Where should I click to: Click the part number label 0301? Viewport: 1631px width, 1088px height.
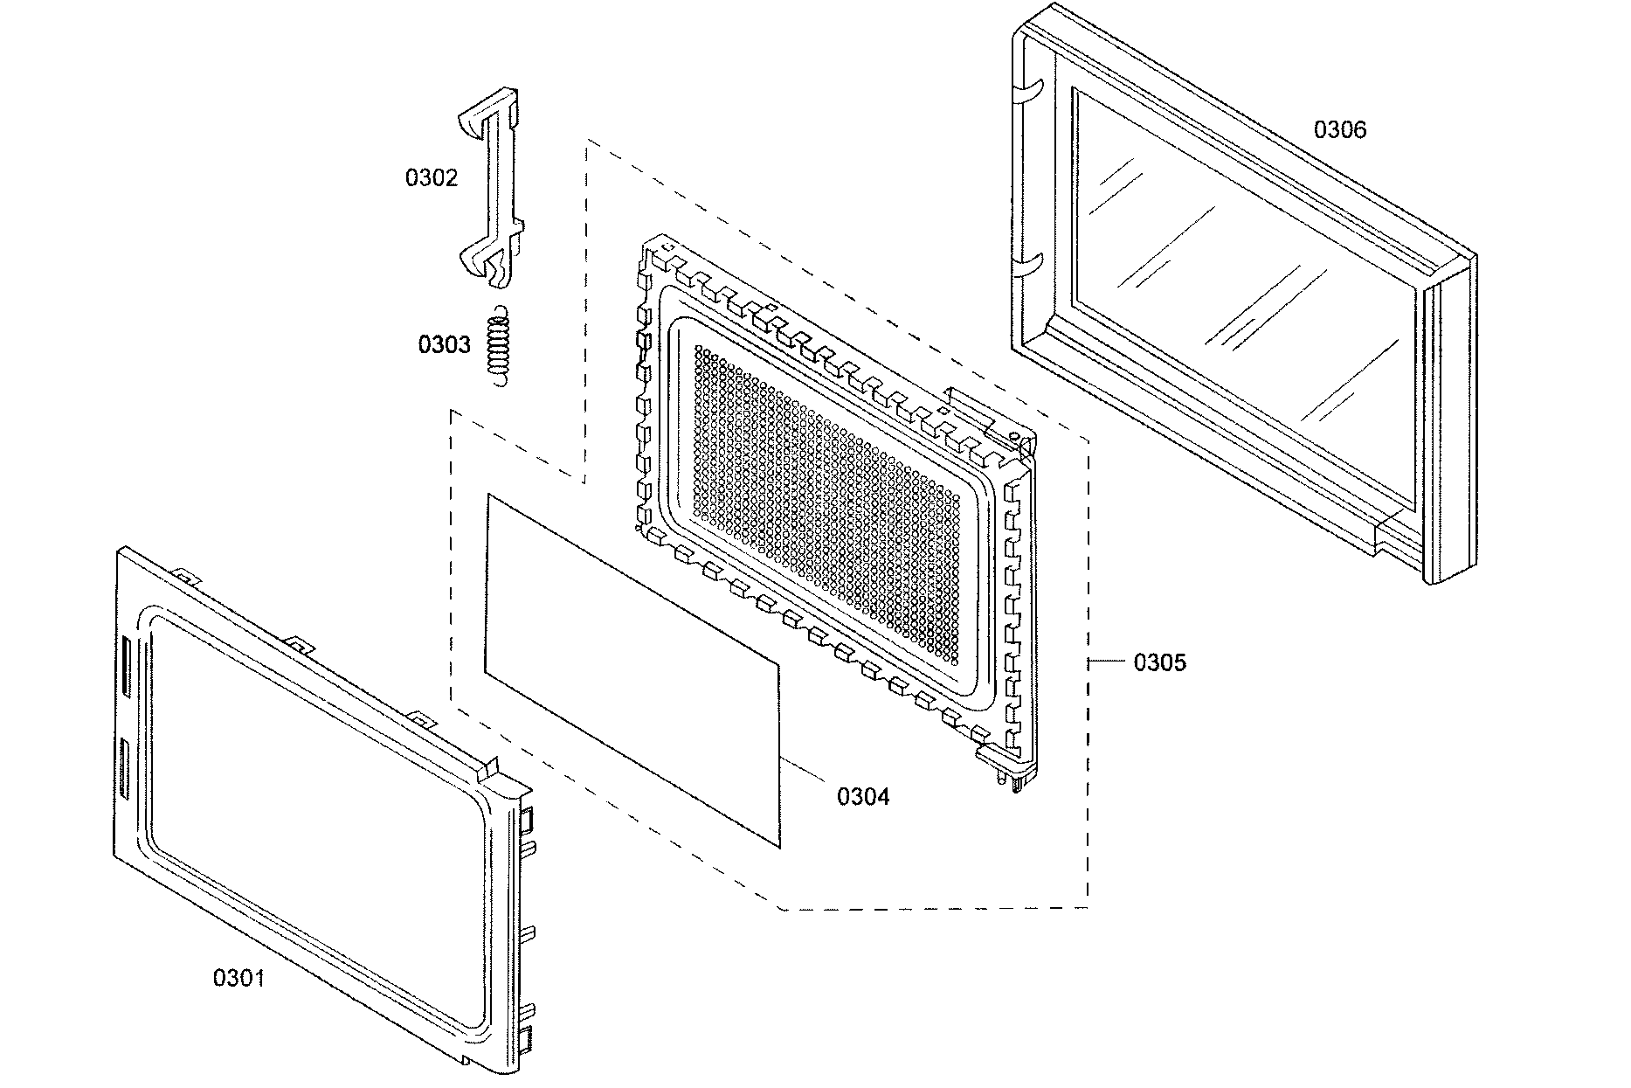pos(238,978)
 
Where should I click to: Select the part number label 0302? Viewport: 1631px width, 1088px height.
pos(431,178)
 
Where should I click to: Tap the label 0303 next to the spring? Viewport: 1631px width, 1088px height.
pos(444,345)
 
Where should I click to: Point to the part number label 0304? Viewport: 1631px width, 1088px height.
pos(863,797)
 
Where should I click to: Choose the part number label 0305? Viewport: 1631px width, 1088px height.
pos(1159,663)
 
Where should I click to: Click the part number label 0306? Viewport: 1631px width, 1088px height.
pos(1340,131)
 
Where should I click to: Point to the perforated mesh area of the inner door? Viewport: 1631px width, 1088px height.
pos(821,498)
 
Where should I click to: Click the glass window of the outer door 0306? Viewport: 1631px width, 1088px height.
pos(1241,297)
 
